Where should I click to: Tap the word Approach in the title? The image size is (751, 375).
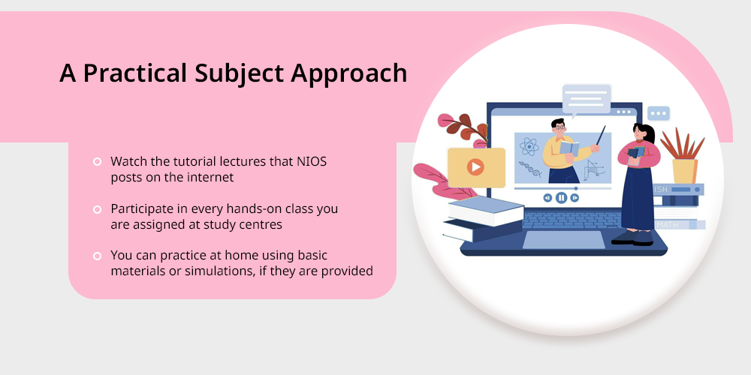click(x=348, y=74)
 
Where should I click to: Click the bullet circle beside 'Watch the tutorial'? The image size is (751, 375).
click(x=97, y=162)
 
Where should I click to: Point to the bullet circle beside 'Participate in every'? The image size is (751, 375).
click(x=97, y=209)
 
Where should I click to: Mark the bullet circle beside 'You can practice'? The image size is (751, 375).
click(x=97, y=256)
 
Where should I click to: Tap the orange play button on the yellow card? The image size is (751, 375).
click(x=475, y=167)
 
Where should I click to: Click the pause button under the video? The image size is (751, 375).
click(x=561, y=197)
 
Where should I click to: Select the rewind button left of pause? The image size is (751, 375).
click(x=547, y=197)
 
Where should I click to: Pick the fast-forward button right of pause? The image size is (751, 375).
click(x=575, y=197)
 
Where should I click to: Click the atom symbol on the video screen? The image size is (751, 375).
click(x=529, y=146)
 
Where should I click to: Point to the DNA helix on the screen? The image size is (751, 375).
click(x=529, y=169)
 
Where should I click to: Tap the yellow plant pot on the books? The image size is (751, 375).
click(x=684, y=171)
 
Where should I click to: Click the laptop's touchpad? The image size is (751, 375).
click(x=563, y=240)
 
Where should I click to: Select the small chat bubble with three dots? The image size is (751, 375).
click(x=659, y=114)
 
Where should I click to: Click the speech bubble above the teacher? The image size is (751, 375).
click(x=587, y=100)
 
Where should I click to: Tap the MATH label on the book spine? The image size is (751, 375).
click(x=668, y=224)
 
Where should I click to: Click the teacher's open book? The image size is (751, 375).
click(x=569, y=147)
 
